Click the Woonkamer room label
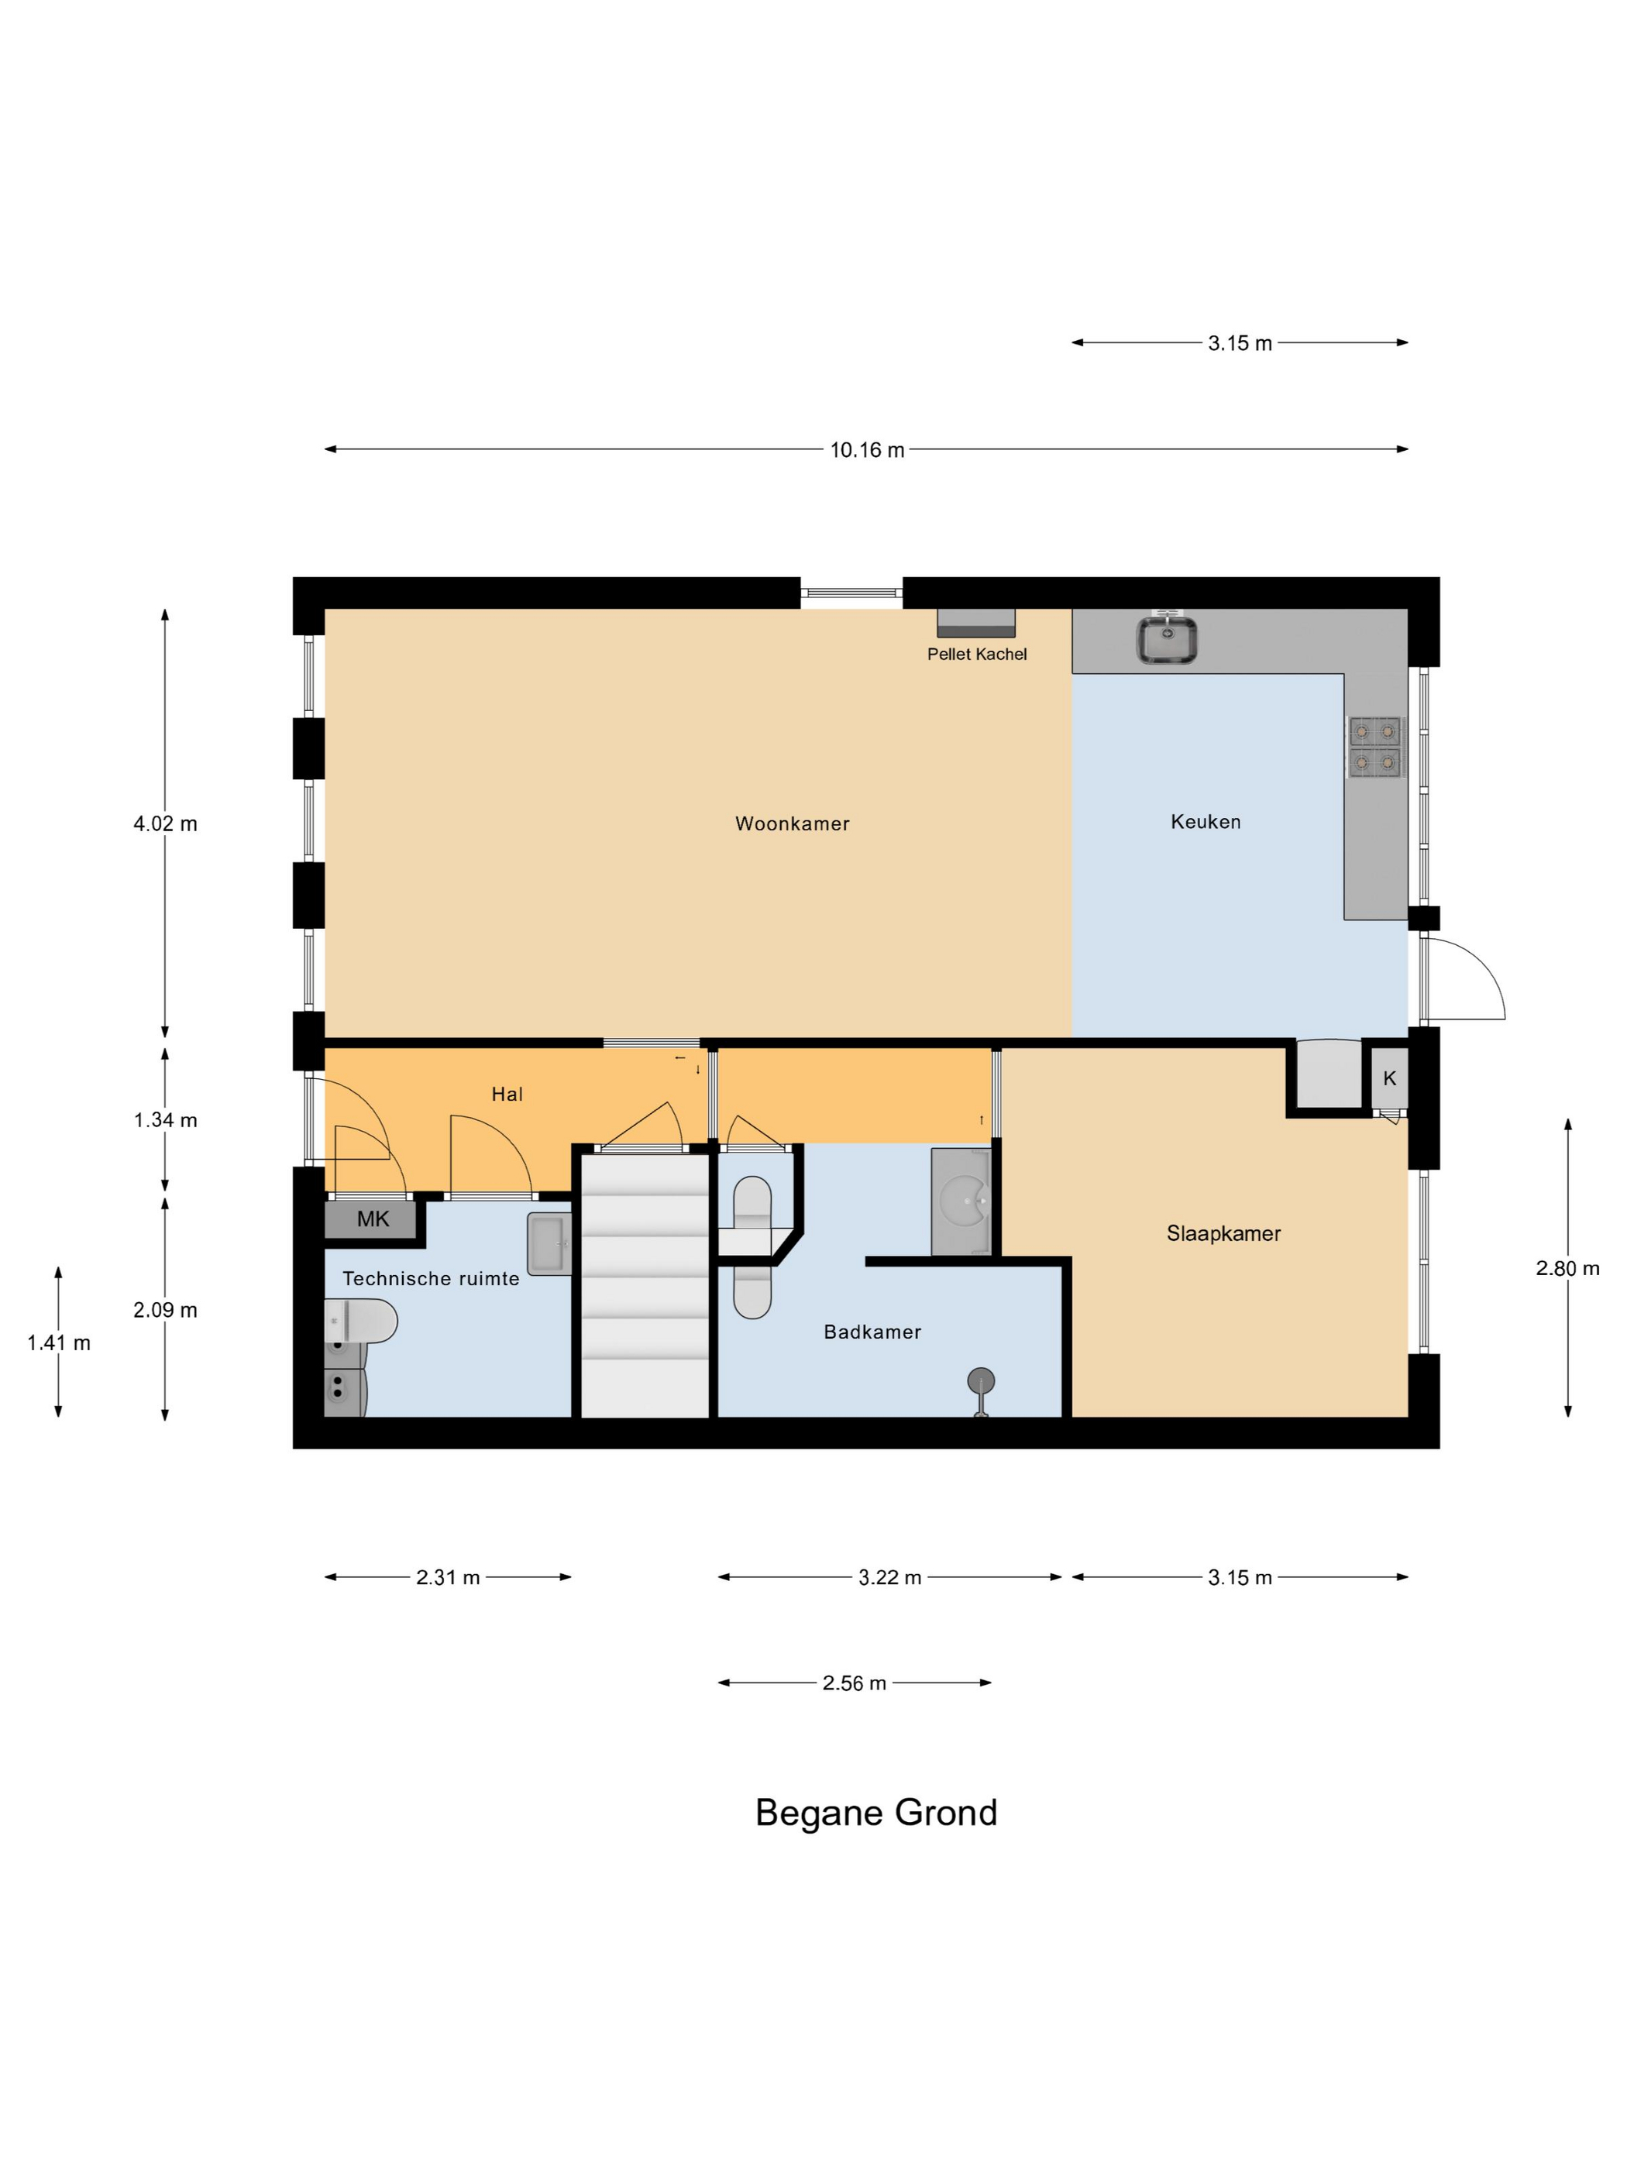pyautogui.click(x=792, y=823)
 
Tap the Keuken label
pyautogui.click(x=1206, y=822)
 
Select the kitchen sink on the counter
pyautogui.click(x=1166, y=639)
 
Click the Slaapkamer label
pyautogui.click(x=1223, y=1233)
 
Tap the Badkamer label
pyautogui.click(x=872, y=1332)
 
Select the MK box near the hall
pyautogui.click(x=373, y=1219)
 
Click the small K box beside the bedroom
pyautogui.click(x=1388, y=1078)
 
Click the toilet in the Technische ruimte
pyautogui.click(x=361, y=1321)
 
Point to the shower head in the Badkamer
pyautogui.click(x=980, y=1382)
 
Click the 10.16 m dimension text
pyautogui.click(x=867, y=450)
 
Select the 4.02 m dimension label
pyautogui.click(x=165, y=823)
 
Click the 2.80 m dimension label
pyautogui.click(x=1567, y=1269)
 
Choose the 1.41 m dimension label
pyautogui.click(x=59, y=1343)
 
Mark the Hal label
pyautogui.click(x=507, y=1095)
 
